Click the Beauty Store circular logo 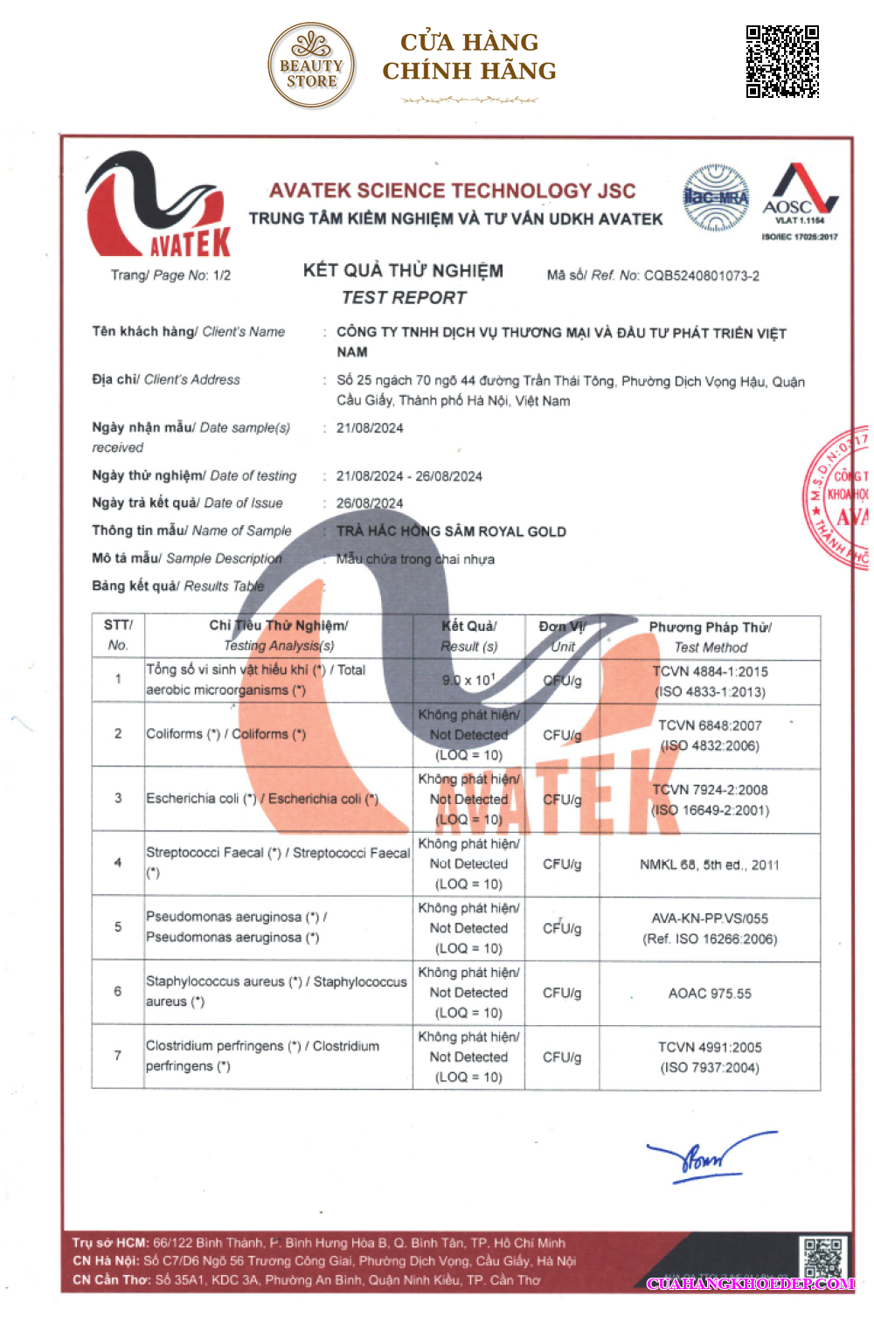coord(311,66)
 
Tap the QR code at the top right coord(782,61)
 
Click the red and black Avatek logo coord(158,206)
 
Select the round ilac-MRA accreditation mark coord(716,198)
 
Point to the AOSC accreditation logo coord(800,199)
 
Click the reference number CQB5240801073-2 coord(701,276)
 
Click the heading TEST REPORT coord(404,298)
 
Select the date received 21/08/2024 coord(370,428)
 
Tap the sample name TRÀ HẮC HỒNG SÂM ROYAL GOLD coord(451,531)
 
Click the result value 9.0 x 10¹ coord(468,680)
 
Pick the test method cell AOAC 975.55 coord(710,994)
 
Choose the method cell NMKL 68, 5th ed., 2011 coord(710,865)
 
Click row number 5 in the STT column coord(118,926)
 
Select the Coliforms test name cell coord(225,734)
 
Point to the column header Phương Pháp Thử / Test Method coord(710,637)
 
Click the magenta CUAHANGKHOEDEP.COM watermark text coord(750,1284)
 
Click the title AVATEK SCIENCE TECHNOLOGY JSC coord(452,191)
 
